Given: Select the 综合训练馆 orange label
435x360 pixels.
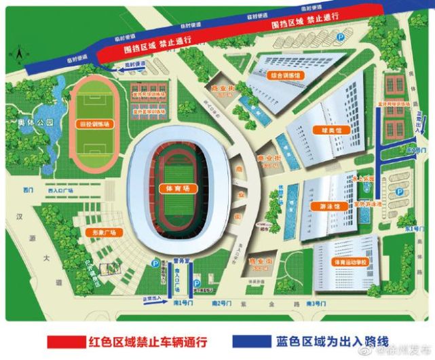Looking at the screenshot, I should [285, 75].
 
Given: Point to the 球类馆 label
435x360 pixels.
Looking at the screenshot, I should [320, 130].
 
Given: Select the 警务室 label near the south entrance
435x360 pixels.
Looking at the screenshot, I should [180, 259].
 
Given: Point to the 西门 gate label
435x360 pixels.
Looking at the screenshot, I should [28, 190].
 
